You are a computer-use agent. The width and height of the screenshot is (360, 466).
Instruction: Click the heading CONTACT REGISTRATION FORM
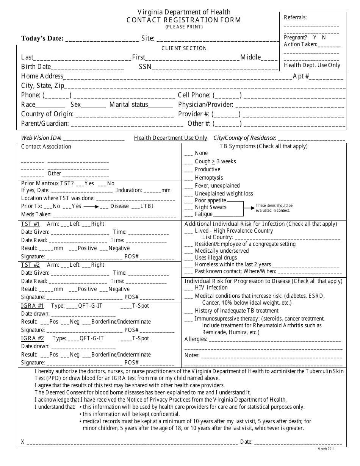[184, 20]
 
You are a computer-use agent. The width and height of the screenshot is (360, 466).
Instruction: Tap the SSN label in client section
[145, 67]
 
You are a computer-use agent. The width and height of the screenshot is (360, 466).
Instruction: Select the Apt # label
[301, 77]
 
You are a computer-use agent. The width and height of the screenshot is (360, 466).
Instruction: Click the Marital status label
[129, 105]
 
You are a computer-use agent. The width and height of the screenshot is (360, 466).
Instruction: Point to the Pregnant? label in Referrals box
[295, 38]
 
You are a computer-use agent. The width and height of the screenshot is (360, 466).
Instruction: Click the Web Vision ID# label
[41, 138]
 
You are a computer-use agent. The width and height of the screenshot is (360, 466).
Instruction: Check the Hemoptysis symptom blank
[189, 178]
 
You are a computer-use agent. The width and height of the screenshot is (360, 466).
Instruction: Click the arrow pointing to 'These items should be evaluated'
[249, 208]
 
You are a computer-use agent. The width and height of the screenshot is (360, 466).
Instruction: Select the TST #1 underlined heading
[30, 224]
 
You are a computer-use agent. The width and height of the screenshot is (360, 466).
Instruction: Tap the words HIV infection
[211, 288]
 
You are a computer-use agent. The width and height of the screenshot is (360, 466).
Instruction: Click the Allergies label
[196, 339]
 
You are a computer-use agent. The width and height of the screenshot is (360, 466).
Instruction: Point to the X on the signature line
[23, 442]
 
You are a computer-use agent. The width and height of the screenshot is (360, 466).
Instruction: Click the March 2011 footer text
[326, 449]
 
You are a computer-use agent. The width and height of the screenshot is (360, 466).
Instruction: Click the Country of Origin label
[47, 114]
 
